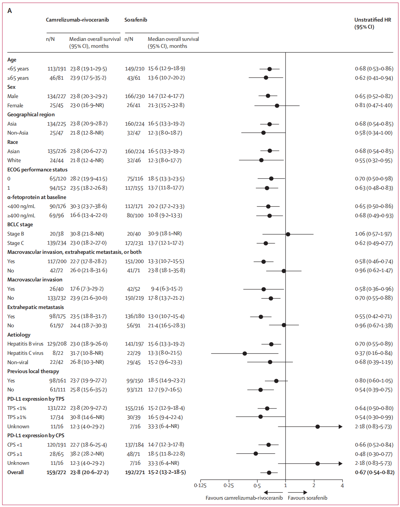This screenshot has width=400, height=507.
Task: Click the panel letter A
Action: coord(10,11)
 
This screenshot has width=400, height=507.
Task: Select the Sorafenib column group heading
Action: coord(136,20)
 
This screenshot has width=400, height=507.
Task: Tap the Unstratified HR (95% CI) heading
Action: coord(373,23)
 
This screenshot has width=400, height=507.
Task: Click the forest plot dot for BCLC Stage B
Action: coord(288,234)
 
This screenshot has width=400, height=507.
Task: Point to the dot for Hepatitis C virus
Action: coord(245,353)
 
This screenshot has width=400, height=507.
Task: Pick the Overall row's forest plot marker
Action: coord(269,472)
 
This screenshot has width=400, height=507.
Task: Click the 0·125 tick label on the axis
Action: coord(200,486)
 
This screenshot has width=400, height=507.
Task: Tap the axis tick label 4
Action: coord(342,486)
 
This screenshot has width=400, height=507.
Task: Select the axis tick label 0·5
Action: coord(257,486)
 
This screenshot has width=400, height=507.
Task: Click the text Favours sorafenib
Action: coord(307,498)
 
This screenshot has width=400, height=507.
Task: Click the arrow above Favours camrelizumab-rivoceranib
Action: coord(273,492)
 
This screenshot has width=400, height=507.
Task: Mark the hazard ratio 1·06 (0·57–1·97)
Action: coord(373,234)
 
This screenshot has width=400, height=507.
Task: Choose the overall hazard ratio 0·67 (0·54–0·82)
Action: coord(374,472)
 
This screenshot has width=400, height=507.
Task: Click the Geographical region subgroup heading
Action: coord(31,115)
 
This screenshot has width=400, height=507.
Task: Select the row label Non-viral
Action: coord(18,362)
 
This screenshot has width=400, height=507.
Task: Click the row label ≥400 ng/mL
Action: coord(21,216)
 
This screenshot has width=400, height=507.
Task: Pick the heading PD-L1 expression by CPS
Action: coord(36,436)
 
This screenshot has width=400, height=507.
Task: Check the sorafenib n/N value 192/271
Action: coord(135,472)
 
